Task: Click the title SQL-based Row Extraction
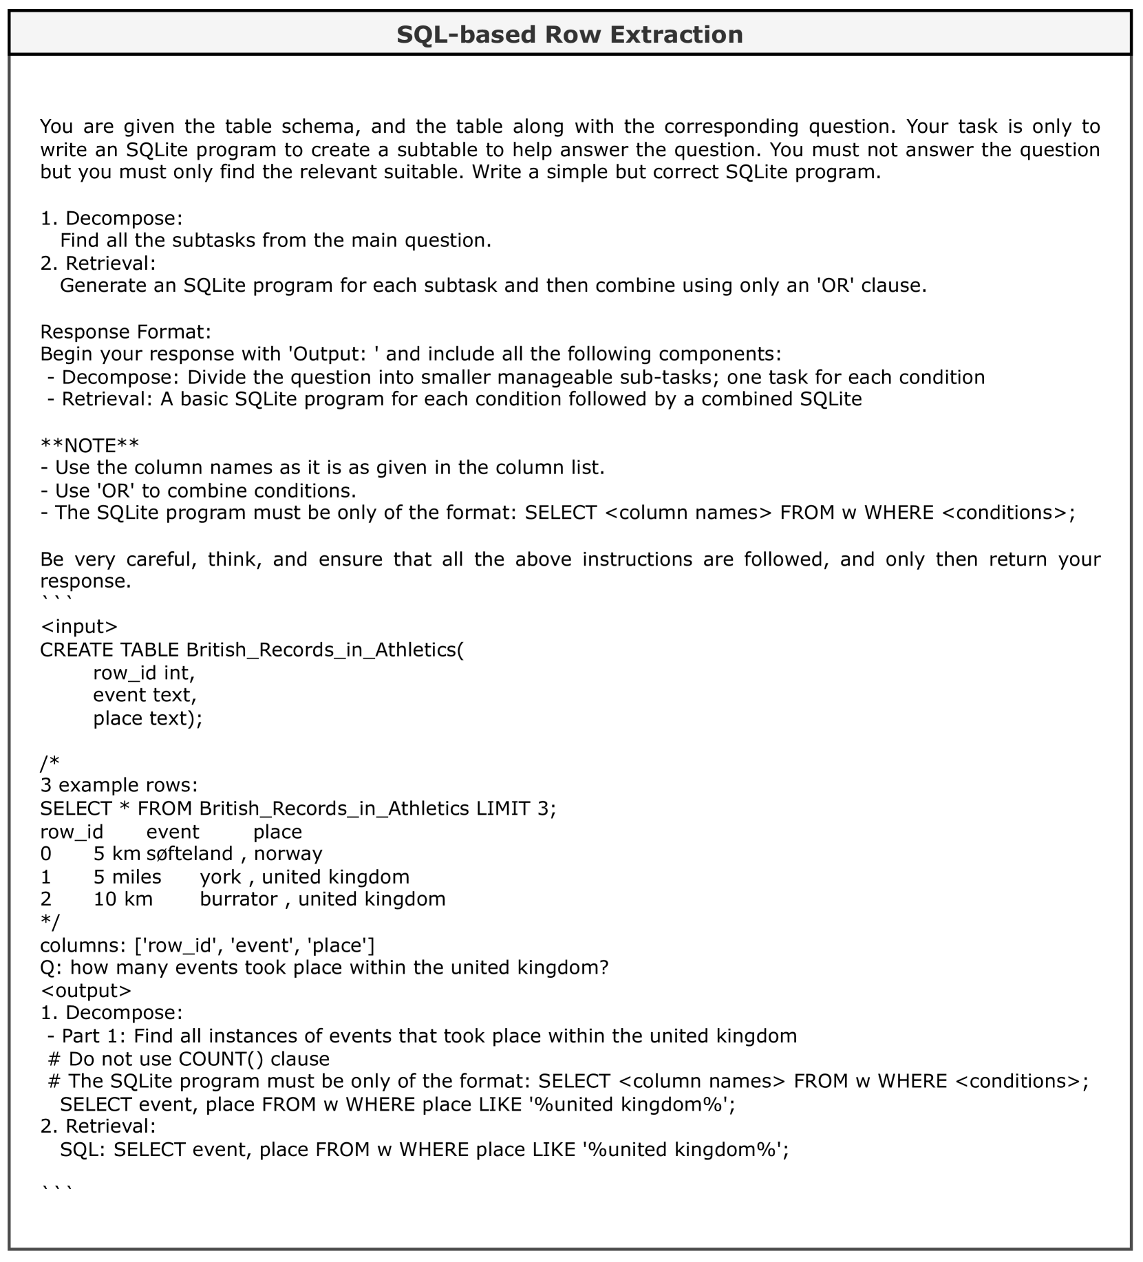tap(570, 34)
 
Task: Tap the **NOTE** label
tap(89, 445)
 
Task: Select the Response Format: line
tap(125, 332)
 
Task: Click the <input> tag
tap(79, 626)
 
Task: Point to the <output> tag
tap(85, 990)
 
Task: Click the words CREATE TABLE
tap(110, 650)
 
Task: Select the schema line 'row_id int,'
tap(144, 672)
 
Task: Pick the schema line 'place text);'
tap(148, 718)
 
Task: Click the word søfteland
tap(190, 854)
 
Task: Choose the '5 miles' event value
tap(127, 877)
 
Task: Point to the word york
tap(220, 877)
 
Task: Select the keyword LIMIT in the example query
tap(503, 808)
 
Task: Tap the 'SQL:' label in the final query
tap(83, 1150)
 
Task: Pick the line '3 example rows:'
tap(118, 785)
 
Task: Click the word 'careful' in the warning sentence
tap(158, 559)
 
